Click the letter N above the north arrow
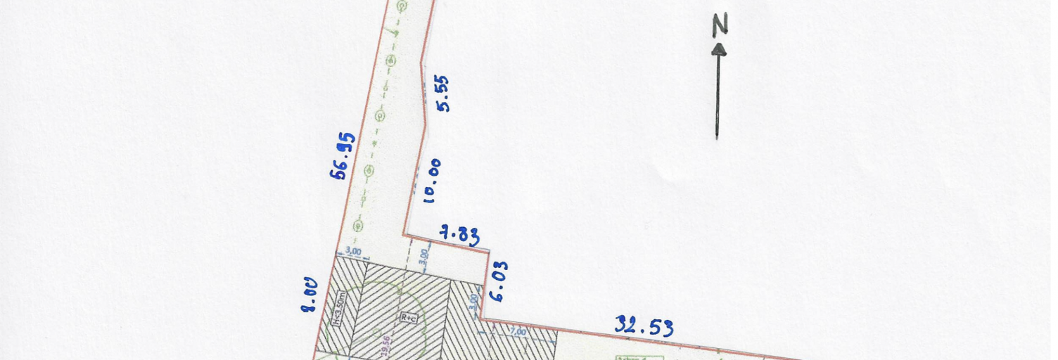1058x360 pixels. pyautogui.click(x=719, y=26)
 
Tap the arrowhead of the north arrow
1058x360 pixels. pyautogui.click(x=718, y=49)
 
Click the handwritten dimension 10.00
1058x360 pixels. pyautogui.click(x=433, y=181)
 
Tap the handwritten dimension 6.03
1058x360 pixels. pyautogui.click(x=498, y=282)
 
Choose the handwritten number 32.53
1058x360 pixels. pyautogui.click(x=644, y=326)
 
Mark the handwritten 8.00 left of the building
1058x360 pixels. pyautogui.click(x=310, y=295)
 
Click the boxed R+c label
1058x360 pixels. pyautogui.click(x=409, y=318)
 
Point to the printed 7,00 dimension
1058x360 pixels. pyautogui.click(x=518, y=331)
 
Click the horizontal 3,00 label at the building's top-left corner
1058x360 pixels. pyautogui.click(x=353, y=251)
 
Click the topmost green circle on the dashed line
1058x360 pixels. pyautogui.click(x=402, y=6)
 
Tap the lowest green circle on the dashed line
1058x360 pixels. pyautogui.click(x=358, y=225)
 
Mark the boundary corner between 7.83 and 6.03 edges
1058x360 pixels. pyautogui.click(x=488, y=249)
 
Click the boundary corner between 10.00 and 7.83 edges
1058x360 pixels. pyautogui.click(x=404, y=235)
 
